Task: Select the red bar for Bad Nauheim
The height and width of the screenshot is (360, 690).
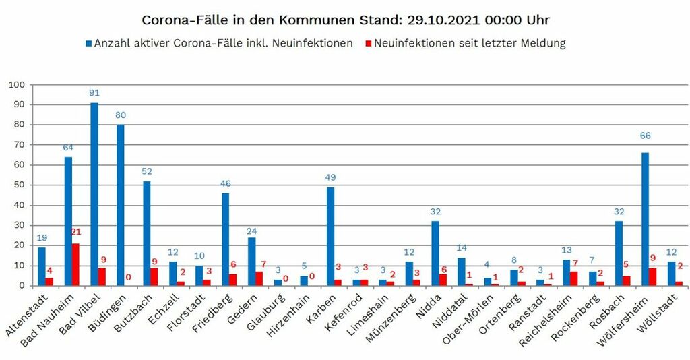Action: [x=76, y=264]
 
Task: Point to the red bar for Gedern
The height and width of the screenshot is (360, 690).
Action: [x=259, y=278]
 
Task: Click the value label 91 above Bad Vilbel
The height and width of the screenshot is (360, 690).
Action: [x=94, y=93]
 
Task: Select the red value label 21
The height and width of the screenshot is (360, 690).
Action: [x=76, y=232]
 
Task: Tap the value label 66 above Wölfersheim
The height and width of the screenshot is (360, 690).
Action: [x=645, y=136]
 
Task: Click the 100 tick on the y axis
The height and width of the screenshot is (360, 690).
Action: [x=15, y=85]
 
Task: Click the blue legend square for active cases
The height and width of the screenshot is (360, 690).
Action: [x=88, y=44]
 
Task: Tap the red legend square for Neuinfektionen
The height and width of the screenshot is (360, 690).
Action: [x=368, y=44]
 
